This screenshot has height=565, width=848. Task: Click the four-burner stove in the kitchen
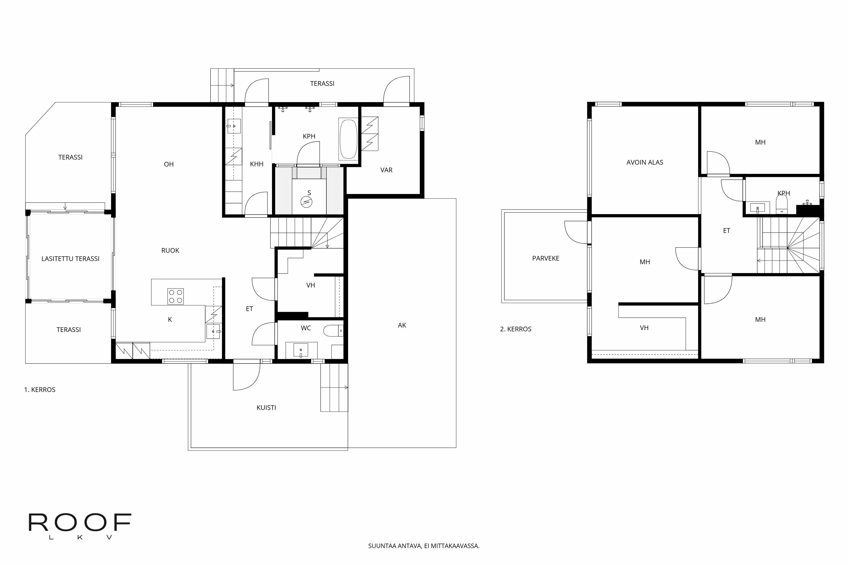click(x=176, y=296)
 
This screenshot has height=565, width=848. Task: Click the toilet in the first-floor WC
click(x=332, y=330)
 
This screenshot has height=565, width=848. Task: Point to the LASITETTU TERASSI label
click(x=70, y=259)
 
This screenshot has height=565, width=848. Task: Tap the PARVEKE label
click(x=545, y=258)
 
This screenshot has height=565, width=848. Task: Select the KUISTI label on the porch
click(x=266, y=408)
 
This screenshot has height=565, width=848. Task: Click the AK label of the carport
click(x=402, y=325)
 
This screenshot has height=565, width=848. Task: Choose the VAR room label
click(x=386, y=170)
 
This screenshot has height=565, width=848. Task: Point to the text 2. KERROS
click(x=516, y=329)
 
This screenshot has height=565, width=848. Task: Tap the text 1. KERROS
click(x=40, y=390)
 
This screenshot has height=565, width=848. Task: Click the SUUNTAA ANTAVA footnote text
click(x=424, y=546)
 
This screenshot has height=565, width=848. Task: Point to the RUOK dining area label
click(x=170, y=250)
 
